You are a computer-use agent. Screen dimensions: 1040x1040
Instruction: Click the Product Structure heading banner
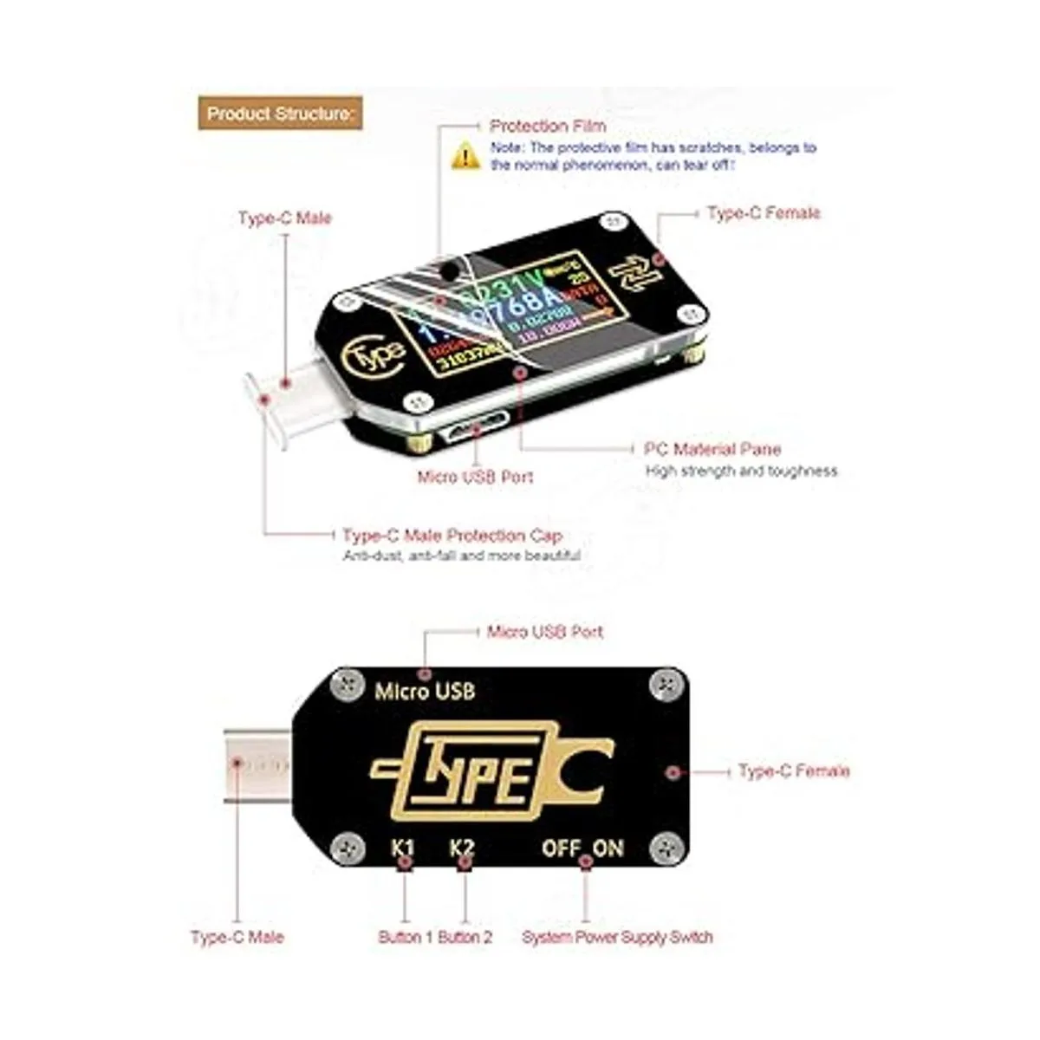[280, 114]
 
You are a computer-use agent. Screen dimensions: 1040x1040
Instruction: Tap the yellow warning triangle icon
[465, 156]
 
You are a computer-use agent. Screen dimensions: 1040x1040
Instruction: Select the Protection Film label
[548, 127]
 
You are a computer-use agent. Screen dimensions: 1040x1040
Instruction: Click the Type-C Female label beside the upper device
[763, 213]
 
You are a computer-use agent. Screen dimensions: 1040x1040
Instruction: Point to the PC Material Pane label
[712, 449]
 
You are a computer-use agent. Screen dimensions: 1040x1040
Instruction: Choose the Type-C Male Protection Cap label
[452, 536]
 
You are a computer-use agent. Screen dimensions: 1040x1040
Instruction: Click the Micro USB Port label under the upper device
[475, 477]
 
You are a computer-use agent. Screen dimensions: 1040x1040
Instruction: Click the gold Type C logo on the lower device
[491, 770]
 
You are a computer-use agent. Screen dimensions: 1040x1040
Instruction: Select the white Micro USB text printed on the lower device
[425, 692]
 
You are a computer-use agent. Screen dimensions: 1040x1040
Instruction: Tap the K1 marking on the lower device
[403, 847]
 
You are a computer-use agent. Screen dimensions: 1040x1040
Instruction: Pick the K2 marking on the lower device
[463, 847]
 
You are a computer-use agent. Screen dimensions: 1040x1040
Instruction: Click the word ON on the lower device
[608, 848]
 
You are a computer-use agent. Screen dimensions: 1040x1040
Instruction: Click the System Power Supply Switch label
[617, 937]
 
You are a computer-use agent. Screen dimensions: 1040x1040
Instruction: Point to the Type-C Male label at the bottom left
[237, 937]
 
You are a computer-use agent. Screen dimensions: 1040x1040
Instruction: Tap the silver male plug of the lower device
[256, 766]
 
